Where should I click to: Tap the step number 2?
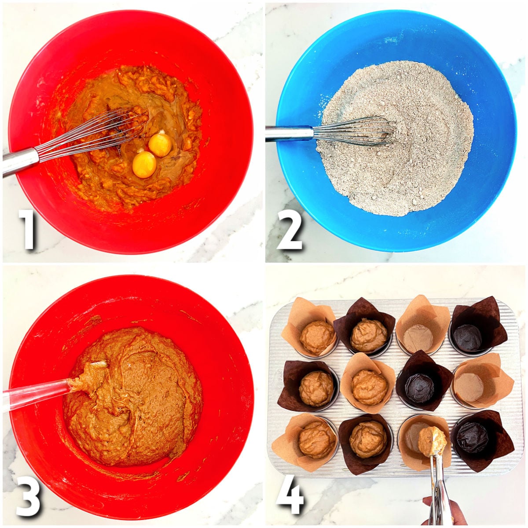pyautogui.click(x=290, y=229)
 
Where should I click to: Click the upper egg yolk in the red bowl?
pyautogui.click(x=160, y=145)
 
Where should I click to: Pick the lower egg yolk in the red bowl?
pyautogui.click(x=144, y=164)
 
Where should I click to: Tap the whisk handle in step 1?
pyautogui.click(x=20, y=161)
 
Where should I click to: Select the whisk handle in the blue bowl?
pyautogui.click(x=288, y=133)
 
